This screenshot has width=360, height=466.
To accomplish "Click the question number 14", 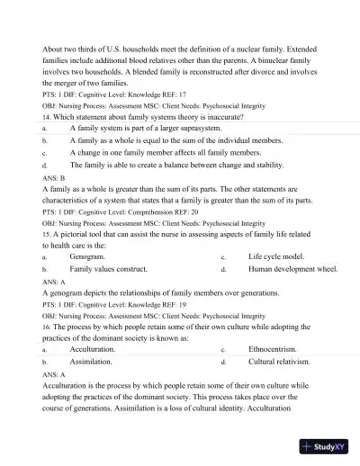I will click(x=47, y=117).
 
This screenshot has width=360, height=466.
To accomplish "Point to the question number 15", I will click(x=47, y=233).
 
